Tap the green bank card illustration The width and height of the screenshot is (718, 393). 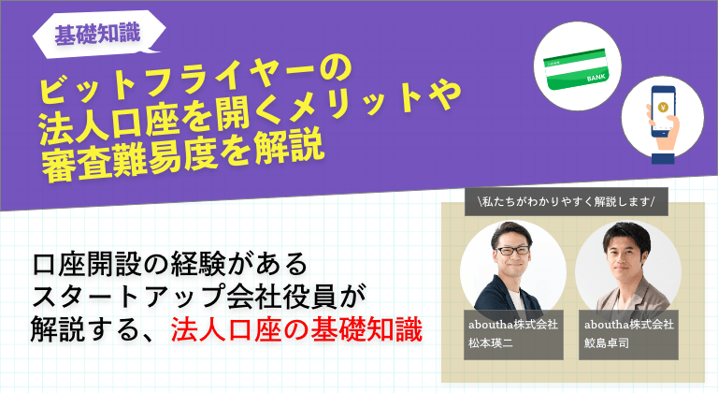click(578, 68)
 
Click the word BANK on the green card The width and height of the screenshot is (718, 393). click(596, 78)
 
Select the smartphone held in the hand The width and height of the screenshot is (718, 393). click(664, 111)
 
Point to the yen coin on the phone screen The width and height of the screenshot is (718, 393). click(663, 108)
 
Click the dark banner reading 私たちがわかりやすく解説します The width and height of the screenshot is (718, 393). click(567, 201)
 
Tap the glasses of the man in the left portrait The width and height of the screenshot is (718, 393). click(512, 251)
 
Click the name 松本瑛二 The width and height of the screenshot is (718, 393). click(491, 342)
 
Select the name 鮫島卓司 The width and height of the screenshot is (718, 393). click(606, 342)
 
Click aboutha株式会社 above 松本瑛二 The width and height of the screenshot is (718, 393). click(513, 324)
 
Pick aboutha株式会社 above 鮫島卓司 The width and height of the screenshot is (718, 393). click(628, 324)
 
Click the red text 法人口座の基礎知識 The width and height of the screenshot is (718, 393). click(296, 329)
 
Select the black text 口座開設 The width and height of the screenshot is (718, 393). click(86, 264)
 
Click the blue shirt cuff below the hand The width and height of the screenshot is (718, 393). click(663, 159)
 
